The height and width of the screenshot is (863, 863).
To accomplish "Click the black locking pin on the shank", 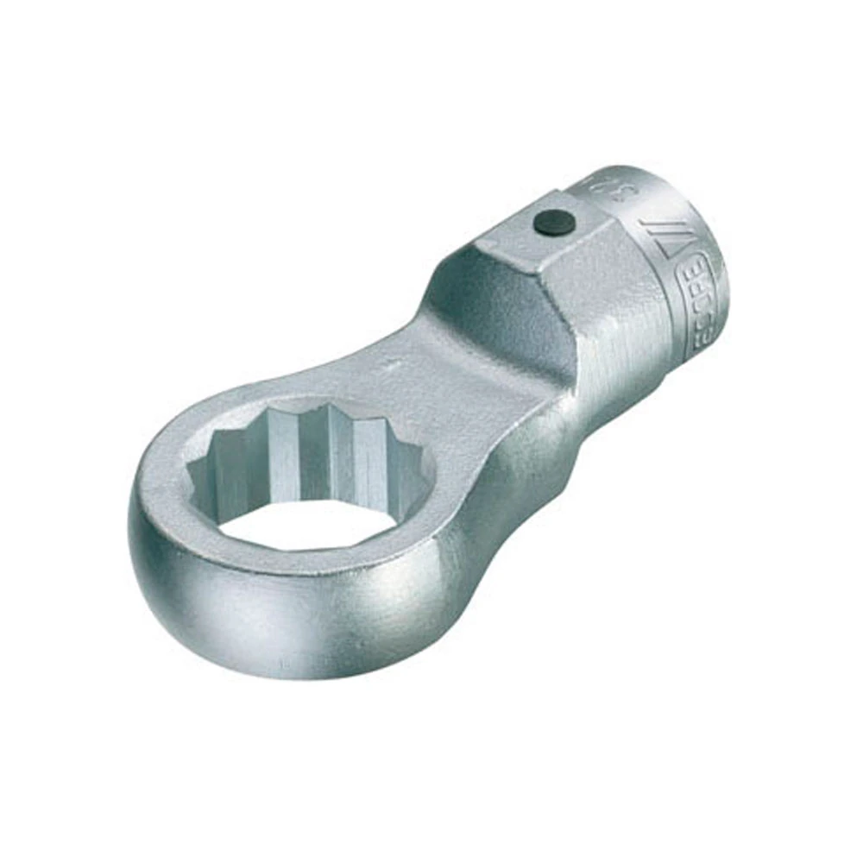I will (552, 223).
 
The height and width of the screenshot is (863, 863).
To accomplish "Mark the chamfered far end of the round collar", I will (716, 259).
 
